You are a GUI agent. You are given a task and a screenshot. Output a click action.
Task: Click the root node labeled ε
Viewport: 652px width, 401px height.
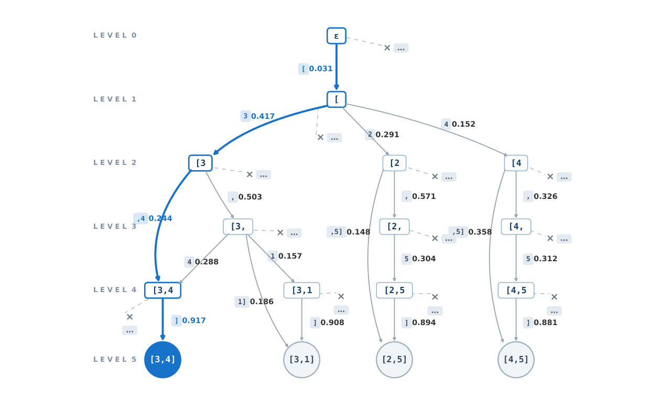[x=336, y=36]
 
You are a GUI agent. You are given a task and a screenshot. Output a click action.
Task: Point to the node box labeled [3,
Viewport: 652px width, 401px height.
[x=238, y=227]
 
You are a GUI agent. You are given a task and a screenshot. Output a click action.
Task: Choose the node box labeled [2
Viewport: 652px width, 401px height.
[x=394, y=163]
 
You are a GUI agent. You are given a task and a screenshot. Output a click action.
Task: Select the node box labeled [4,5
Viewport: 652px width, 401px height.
[x=516, y=290]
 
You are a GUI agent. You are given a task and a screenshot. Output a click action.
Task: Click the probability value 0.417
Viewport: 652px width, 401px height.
[x=263, y=116]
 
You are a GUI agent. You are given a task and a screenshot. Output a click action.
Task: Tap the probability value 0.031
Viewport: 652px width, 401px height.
[x=320, y=69]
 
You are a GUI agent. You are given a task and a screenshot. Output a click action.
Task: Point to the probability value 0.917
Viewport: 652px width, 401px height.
[x=194, y=320]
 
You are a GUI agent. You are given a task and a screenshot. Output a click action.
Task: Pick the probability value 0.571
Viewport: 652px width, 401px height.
[x=424, y=196]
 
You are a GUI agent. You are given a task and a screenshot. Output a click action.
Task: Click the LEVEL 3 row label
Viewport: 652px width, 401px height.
[x=115, y=227]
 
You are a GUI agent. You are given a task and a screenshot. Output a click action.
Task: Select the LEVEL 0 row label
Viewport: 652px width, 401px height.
[x=115, y=36]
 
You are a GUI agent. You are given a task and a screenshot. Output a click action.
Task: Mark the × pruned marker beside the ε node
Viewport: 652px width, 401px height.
[x=387, y=48]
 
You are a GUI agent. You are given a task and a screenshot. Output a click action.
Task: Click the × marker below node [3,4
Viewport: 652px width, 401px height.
[x=129, y=317]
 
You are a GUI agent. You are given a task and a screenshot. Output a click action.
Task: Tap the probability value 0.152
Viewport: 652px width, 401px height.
[x=463, y=124]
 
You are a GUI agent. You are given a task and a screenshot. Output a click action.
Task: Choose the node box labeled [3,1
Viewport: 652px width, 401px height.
[x=301, y=290]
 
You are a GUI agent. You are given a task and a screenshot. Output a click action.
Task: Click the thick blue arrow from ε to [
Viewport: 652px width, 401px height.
[x=336, y=67]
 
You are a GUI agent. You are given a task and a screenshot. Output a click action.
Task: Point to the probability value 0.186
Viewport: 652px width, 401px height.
[x=262, y=302]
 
